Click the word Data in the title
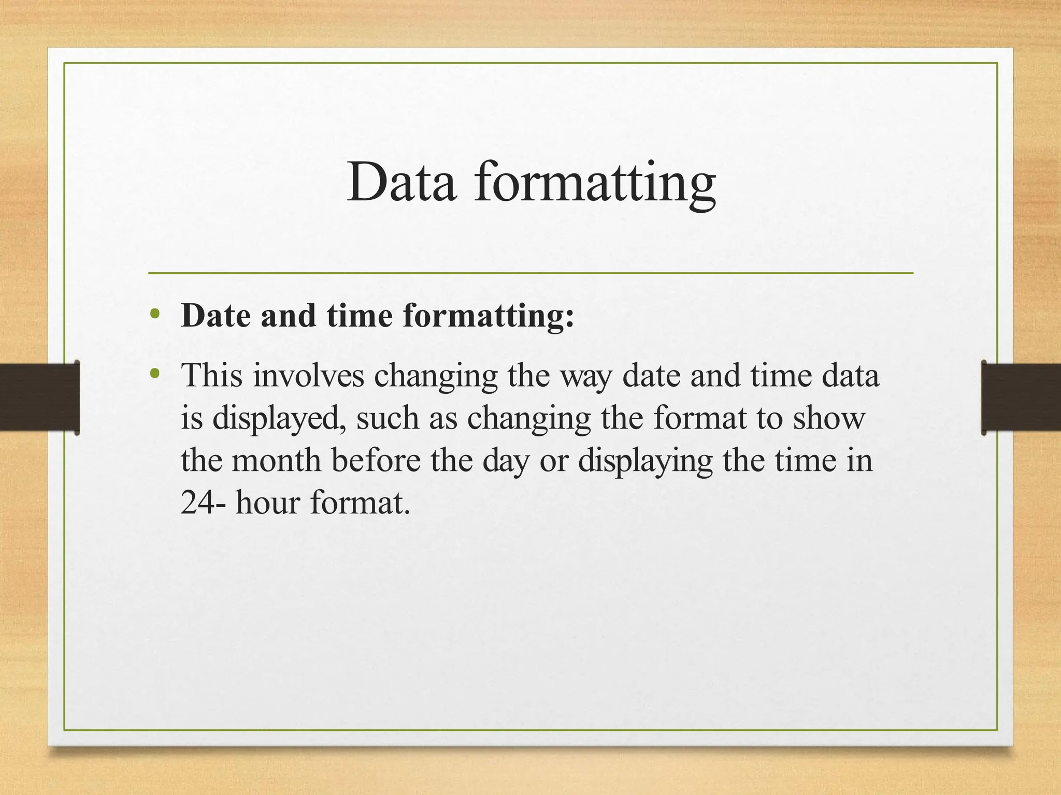pos(402,182)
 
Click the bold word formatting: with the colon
pos(488,317)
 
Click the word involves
pos(309,376)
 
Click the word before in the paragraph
pos(376,460)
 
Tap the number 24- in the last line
pos(203,502)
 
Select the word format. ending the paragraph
pos(360,502)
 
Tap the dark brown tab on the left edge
pos(39,397)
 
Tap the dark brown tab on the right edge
pos(1021,397)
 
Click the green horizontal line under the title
pos(530,273)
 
